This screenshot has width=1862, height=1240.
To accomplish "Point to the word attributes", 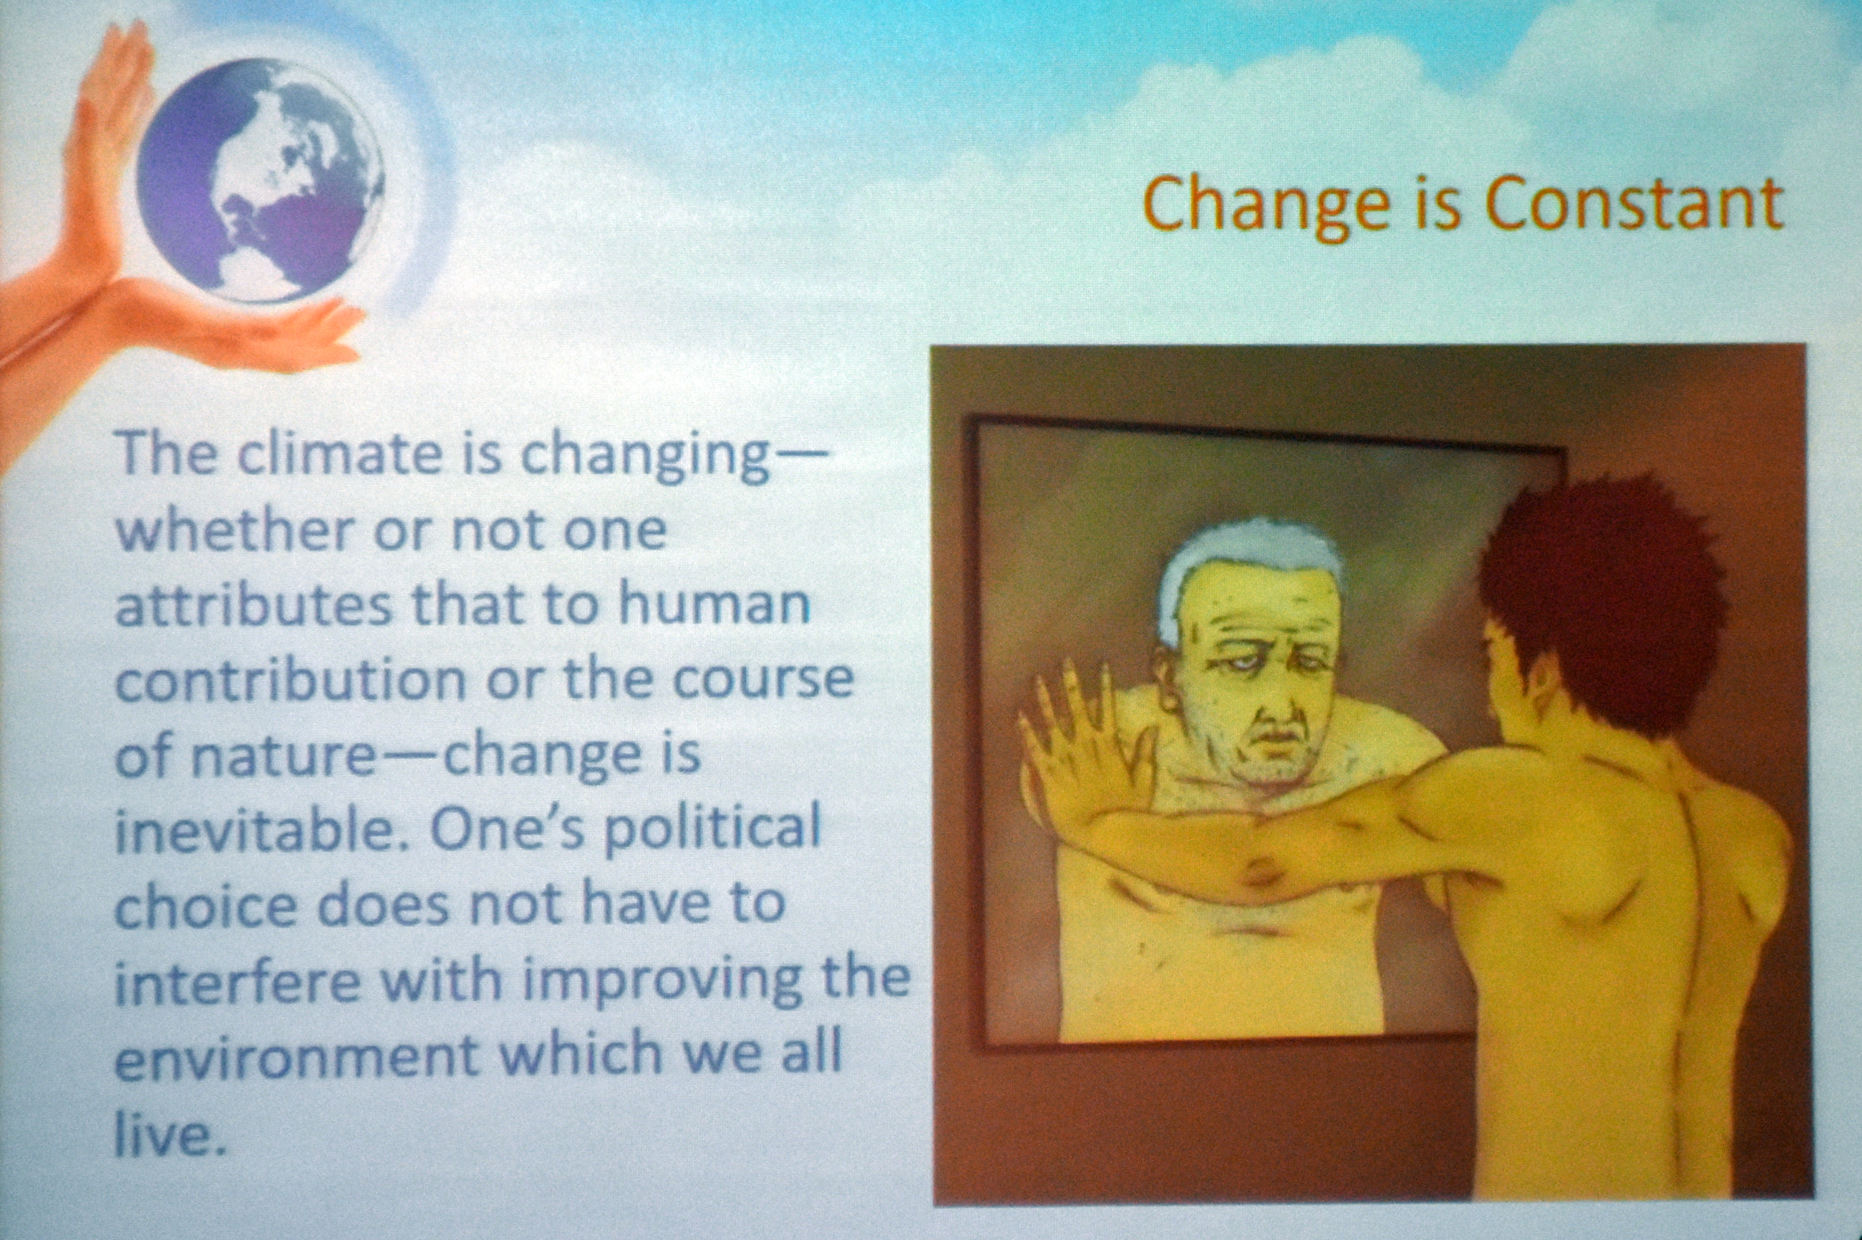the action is pos(253,605).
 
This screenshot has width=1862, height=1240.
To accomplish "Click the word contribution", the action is pos(291,679).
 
